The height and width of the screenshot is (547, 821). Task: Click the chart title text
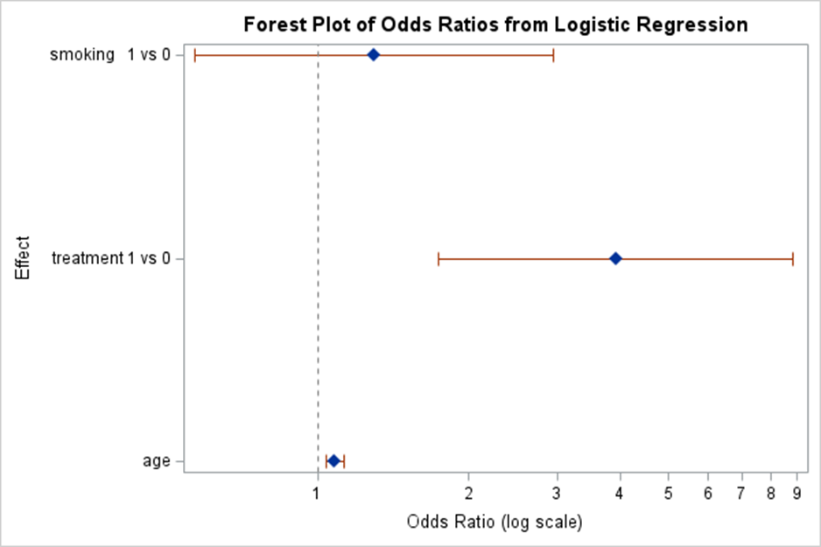tap(495, 24)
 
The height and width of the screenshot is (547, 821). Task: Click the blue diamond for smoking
tap(373, 55)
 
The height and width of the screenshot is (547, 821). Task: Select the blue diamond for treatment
tap(615, 258)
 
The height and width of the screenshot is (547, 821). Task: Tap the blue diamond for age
tap(333, 460)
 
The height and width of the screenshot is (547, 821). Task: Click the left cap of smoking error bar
tap(194, 55)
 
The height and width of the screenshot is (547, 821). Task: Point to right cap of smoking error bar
tap(553, 55)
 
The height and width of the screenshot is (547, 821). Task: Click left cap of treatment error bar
tap(438, 258)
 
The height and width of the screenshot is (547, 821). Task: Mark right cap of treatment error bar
tap(793, 258)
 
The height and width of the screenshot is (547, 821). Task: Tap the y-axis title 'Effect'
tap(23, 257)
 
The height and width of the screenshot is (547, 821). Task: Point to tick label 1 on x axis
tap(317, 492)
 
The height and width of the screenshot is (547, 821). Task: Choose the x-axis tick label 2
tap(469, 492)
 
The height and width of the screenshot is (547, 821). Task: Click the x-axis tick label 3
tap(557, 492)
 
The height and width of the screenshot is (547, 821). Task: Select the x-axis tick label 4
tap(621, 492)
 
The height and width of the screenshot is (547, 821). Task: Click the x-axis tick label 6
tap(708, 492)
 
